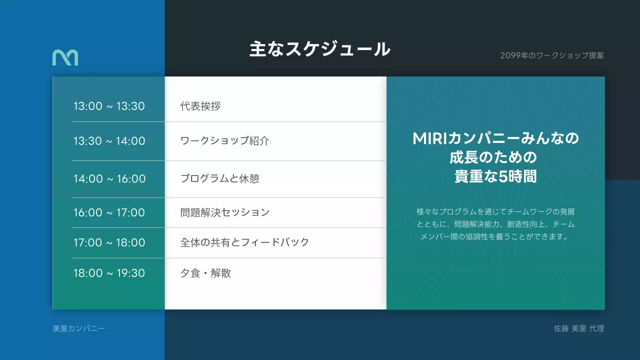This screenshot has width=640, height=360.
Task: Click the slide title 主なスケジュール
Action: pyautogui.click(x=319, y=49)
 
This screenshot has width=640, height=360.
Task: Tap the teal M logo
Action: pyautogui.click(x=65, y=57)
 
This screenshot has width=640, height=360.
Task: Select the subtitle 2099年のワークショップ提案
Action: pyautogui.click(x=551, y=55)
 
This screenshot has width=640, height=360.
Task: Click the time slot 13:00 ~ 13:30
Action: pyautogui.click(x=109, y=106)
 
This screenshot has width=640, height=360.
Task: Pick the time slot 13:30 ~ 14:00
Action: pyautogui.click(x=109, y=141)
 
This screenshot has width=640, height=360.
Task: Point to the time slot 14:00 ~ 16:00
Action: pyautogui.click(x=109, y=178)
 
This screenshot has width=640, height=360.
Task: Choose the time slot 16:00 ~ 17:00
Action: pyautogui.click(x=109, y=212)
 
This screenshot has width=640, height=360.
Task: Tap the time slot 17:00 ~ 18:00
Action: pyautogui.click(x=109, y=242)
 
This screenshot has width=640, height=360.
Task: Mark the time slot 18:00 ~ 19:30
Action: pyautogui.click(x=109, y=273)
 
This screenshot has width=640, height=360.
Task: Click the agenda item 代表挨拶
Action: pyautogui.click(x=200, y=106)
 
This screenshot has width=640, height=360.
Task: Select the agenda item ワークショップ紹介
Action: pyautogui.click(x=224, y=141)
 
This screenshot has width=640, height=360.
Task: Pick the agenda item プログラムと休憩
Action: pyautogui.click(x=219, y=178)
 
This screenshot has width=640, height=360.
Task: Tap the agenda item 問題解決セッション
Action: pyautogui.click(x=224, y=212)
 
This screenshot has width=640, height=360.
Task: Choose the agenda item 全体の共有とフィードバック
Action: pyautogui.click(x=244, y=242)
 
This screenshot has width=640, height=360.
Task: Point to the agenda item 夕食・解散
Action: pyautogui.click(x=205, y=273)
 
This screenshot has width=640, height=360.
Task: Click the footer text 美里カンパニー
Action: pyautogui.click(x=78, y=328)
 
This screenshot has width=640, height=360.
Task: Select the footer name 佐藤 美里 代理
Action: pyautogui.click(x=578, y=328)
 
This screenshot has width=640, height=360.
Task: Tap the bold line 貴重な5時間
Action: pyautogui.click(x=495, y=177)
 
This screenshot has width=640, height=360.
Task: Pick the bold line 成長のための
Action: pyautogui.click(x=495, y=157)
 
